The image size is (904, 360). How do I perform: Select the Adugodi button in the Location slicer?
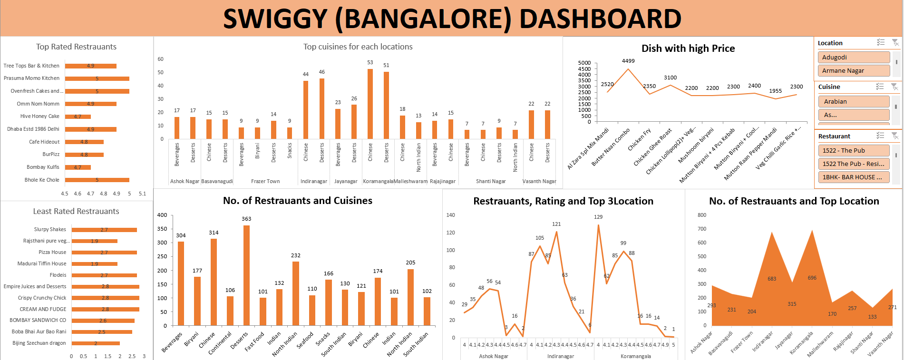(853, 57)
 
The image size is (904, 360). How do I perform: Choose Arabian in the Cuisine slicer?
(853, 101)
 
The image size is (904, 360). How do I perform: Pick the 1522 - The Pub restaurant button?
(853, 150)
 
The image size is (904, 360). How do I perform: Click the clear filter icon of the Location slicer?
(895, 43)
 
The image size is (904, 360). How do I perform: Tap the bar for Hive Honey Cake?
(78, 117)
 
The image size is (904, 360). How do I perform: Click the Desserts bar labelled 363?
(246, 275)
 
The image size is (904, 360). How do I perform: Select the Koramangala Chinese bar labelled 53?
(370, 104)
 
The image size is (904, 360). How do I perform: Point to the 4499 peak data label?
(628, 61)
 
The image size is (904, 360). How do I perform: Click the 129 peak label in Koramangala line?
(598, 217)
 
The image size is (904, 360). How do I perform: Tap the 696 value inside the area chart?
(812, 278)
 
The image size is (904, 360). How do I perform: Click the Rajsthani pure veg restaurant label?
(46, 241)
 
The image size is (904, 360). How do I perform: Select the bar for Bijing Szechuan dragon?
(96, 343)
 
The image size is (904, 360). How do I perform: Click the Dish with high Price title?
(688, 49)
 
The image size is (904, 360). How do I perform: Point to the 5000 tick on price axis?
(584, 63)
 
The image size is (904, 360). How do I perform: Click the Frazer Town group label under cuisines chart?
(265, 181)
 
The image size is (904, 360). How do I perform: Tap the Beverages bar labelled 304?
(181, 283)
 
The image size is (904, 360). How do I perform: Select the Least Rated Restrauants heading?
(76, 211)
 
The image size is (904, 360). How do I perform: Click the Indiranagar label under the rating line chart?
(560, 356)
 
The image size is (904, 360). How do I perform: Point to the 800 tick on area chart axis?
(702, 215)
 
